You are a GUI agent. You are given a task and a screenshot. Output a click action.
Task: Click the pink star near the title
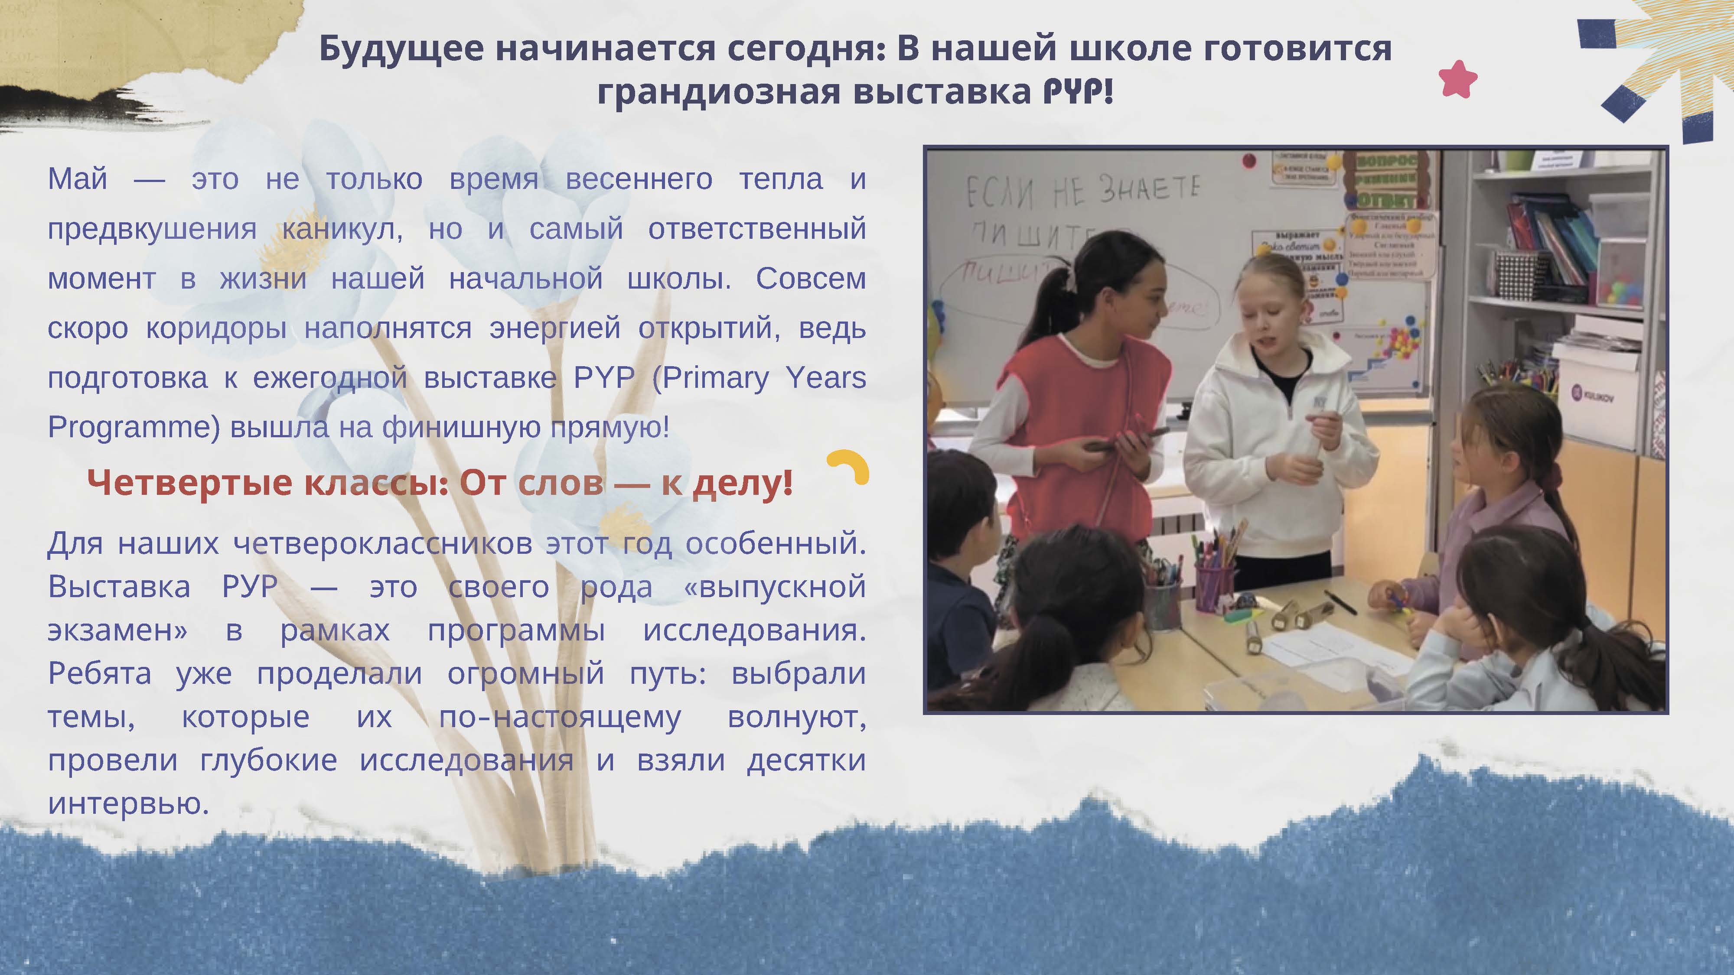tap(1457, 79)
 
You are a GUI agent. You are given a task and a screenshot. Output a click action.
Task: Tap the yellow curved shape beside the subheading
tap(850, 466)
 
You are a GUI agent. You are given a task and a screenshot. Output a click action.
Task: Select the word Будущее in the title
tap(401, 49)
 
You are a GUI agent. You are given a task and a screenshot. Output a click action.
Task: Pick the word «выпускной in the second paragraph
tap(774, 587)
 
